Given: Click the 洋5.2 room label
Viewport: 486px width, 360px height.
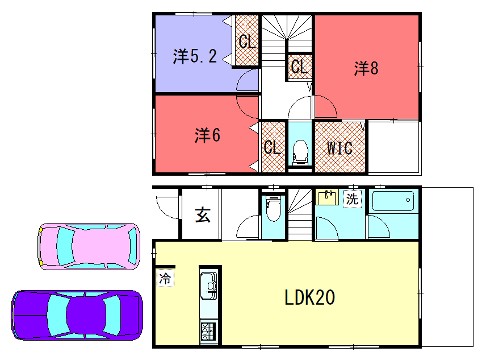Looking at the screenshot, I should (x=193, y=58).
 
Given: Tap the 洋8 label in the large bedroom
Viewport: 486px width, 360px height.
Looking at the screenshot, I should (x=364, y=68).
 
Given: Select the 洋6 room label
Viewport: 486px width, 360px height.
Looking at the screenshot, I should (x=207, y=134).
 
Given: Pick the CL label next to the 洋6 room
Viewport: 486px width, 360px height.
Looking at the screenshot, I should (x=271, y=147).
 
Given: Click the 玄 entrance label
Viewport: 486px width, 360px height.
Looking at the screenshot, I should (x=202, y=213).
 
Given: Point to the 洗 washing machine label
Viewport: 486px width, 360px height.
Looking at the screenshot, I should (x=351, y=198).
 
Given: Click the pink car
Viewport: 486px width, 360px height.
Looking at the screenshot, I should (x=88, y=245).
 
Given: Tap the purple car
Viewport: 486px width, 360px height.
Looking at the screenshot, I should (x=76, y=314).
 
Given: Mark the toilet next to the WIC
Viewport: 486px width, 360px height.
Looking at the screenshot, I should (x=299, y=152).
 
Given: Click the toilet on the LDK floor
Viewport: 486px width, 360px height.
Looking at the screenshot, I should (x=272, y=213).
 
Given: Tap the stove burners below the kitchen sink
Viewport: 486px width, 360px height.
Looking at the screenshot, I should (x=208, y=331).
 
